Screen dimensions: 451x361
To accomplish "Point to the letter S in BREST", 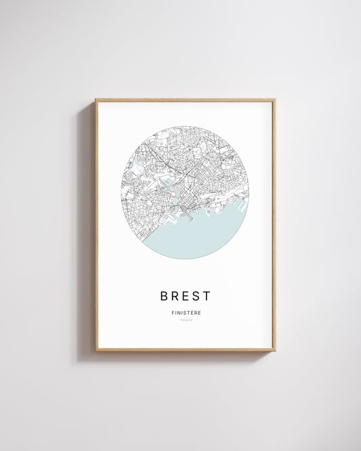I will (196, 296).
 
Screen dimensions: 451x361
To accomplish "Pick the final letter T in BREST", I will (207, 296).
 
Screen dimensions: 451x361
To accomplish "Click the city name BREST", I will (186, 296).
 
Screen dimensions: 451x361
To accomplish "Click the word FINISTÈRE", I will (186, 312).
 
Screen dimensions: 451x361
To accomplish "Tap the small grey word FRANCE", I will (186, 320).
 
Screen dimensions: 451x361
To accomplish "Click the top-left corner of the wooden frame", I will (96, 100).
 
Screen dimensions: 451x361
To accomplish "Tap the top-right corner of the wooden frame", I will (274, 100).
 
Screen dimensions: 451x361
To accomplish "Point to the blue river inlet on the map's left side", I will (136, 167).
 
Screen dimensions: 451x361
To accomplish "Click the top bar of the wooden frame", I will (186, 100).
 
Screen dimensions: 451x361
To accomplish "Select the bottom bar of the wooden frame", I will (186, 349).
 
